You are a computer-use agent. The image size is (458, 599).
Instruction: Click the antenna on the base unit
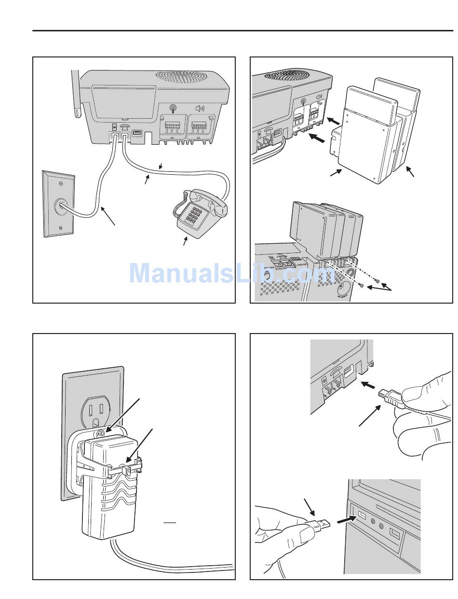(x=75, y=94)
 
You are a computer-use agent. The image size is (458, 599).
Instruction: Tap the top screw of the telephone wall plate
(x=60, y=184)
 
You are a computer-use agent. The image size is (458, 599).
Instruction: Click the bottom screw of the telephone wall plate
(x=60, y=228)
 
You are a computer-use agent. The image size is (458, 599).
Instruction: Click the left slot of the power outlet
(x=90, y=410)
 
